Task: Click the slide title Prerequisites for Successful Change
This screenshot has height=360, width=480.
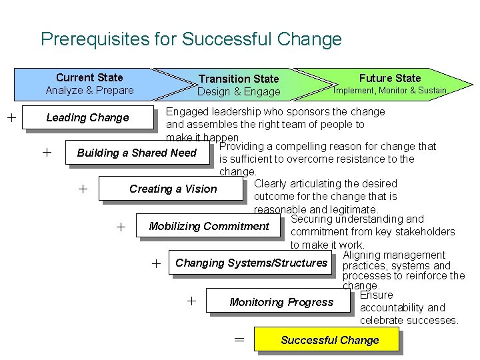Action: click(x=191, y=39)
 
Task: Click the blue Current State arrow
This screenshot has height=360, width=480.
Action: click(x=89, y=84)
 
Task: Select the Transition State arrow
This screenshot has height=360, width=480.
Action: click(x=239, y=85)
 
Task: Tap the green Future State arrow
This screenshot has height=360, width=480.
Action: click(x=390, y=84)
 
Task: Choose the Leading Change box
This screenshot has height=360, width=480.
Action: click(x=87, y=118)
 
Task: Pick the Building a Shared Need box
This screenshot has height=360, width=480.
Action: click(x=137, y=153)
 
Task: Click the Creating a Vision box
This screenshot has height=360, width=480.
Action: click(x=173, y=189)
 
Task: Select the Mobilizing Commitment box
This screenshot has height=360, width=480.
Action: click(x=209, y=227)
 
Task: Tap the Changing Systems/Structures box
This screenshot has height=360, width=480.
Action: click(x=251, y=263)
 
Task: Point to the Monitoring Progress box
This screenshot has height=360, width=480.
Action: click(x=281, y=302)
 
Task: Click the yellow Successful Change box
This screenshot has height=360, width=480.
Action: click(x=329, y=340)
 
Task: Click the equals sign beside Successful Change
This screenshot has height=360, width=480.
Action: click(x=239, y=340)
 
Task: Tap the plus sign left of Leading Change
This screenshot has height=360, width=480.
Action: click(x=11, y=118)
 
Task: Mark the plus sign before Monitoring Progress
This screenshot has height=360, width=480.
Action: click(x=192, y=301)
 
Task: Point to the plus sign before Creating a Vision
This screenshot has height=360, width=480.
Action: click(x=83, y=189)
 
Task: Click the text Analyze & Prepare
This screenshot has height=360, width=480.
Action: click(x=89, y=91)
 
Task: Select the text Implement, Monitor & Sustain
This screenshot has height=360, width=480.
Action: click(x=390, y=91)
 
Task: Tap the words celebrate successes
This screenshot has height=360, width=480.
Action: click(x=409, y=321)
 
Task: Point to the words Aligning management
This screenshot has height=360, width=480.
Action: click(x=393, y=255)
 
